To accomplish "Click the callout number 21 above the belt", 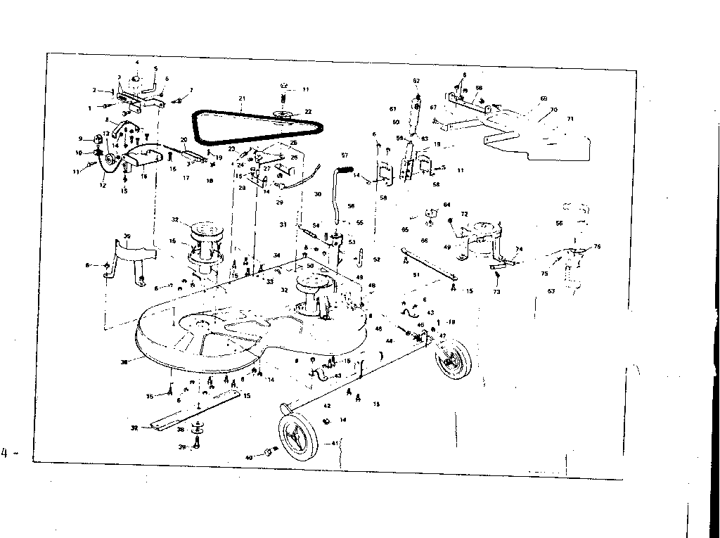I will tap(240, 97).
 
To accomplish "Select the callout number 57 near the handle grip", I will tap(345, 155).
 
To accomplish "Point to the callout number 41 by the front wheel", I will tap(334, 442).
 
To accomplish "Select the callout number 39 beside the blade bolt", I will tap(181, 447).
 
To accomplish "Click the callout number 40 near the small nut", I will tap(249, 458).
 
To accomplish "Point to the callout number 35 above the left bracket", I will tap(127, 237).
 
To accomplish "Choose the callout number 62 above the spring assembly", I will tap(416, 81).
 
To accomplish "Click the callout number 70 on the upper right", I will tap(553, 110).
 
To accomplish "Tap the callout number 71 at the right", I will tap(570, 120).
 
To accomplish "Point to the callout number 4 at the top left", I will tap(137, 63).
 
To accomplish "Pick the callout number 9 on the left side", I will tap(81, 138).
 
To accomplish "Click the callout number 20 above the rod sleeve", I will tap(184, 140).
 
